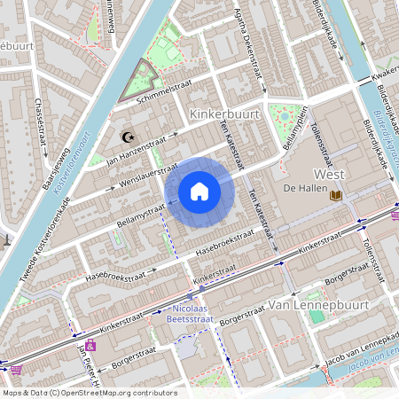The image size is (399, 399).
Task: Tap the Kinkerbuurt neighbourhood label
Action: (224, 114)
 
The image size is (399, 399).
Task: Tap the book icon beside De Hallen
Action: (335, 195)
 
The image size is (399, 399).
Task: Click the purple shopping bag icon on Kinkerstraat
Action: (90, 345)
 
